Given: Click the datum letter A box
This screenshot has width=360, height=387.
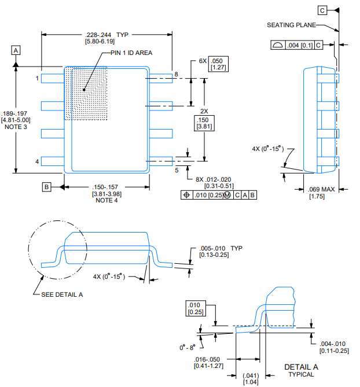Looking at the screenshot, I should pyautogui.click(x=16, y=50).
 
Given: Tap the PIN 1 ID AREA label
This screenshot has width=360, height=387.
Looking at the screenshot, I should pyautogui.click(x=131, y=53).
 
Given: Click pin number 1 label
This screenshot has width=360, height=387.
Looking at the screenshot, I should pyautogui.click(x=37, y=78).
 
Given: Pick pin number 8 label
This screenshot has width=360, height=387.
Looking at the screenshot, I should pyautogui.click(x=176, y=74).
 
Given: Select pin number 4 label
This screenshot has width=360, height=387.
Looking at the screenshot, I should pyautogui.click(x=37, y=161).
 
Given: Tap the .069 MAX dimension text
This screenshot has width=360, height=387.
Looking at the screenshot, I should pyautogui.click(x=321, y=190).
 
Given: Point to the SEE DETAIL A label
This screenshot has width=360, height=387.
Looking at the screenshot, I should pyautogui.click(x=62, y=294).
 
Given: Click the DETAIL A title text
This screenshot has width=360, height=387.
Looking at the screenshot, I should pyautogui.click(x=301, y=367).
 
